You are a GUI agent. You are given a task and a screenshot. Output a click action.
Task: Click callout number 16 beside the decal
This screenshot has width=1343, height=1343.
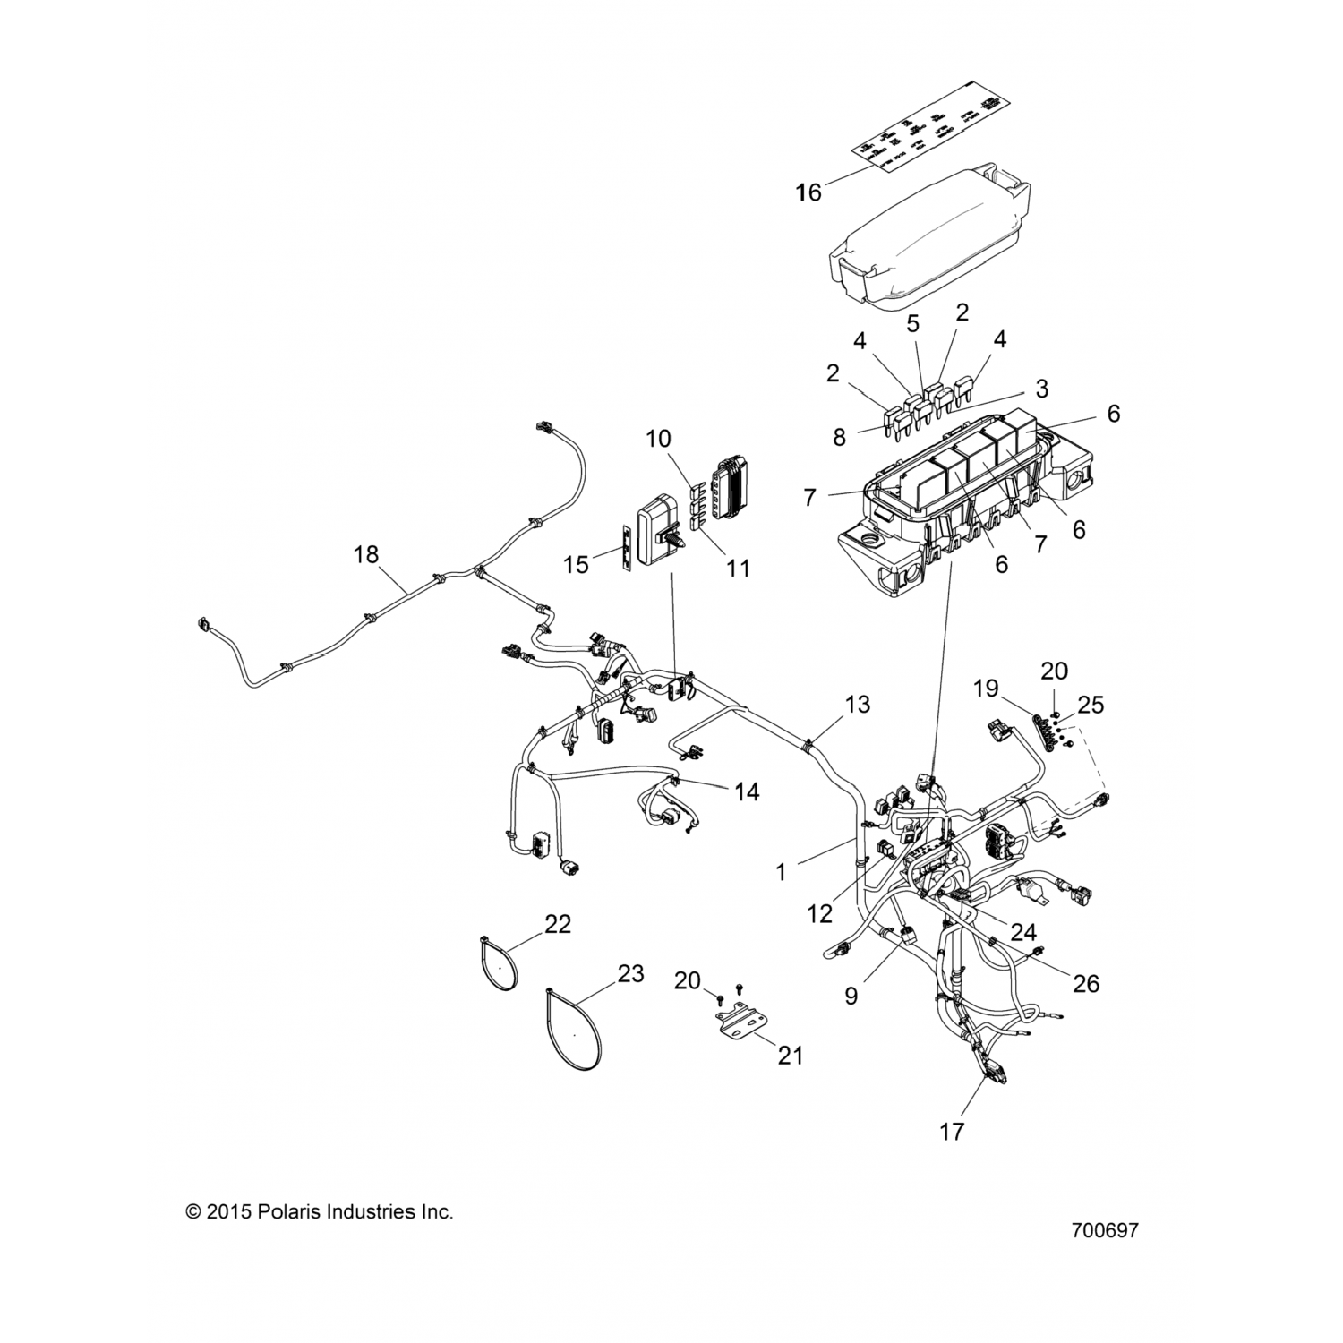[808, 192]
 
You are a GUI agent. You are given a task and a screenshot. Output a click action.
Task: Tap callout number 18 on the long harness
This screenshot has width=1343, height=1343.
[366, 554]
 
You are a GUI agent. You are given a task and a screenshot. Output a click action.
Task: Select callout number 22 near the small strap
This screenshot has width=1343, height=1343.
[558, 923]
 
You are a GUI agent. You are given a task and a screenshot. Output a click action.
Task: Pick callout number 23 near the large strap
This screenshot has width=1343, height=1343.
[631, 973]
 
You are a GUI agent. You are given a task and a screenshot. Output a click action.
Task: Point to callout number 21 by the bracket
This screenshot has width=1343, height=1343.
[790, 1056]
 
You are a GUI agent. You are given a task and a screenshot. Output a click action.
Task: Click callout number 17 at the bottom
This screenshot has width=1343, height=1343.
[952, 1132]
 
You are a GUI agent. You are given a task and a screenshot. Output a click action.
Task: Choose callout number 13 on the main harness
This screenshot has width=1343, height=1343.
[857, 704]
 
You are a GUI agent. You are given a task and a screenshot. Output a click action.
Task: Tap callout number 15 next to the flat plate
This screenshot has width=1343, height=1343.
[577, 564]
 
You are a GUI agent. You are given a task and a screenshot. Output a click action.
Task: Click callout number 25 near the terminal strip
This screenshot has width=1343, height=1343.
[1091, 705]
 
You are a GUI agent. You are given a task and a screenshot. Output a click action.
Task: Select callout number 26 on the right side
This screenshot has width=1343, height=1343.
[1086, 983]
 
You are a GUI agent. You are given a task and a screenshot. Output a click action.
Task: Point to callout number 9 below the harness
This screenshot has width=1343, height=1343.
[851, 995]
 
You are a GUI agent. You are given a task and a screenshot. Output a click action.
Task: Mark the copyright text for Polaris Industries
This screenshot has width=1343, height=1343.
[320, 1212]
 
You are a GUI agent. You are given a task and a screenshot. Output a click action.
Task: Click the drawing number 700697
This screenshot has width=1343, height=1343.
[1104, 1231]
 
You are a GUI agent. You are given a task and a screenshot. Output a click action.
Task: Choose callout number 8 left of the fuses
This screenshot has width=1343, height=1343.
[839, 437]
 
